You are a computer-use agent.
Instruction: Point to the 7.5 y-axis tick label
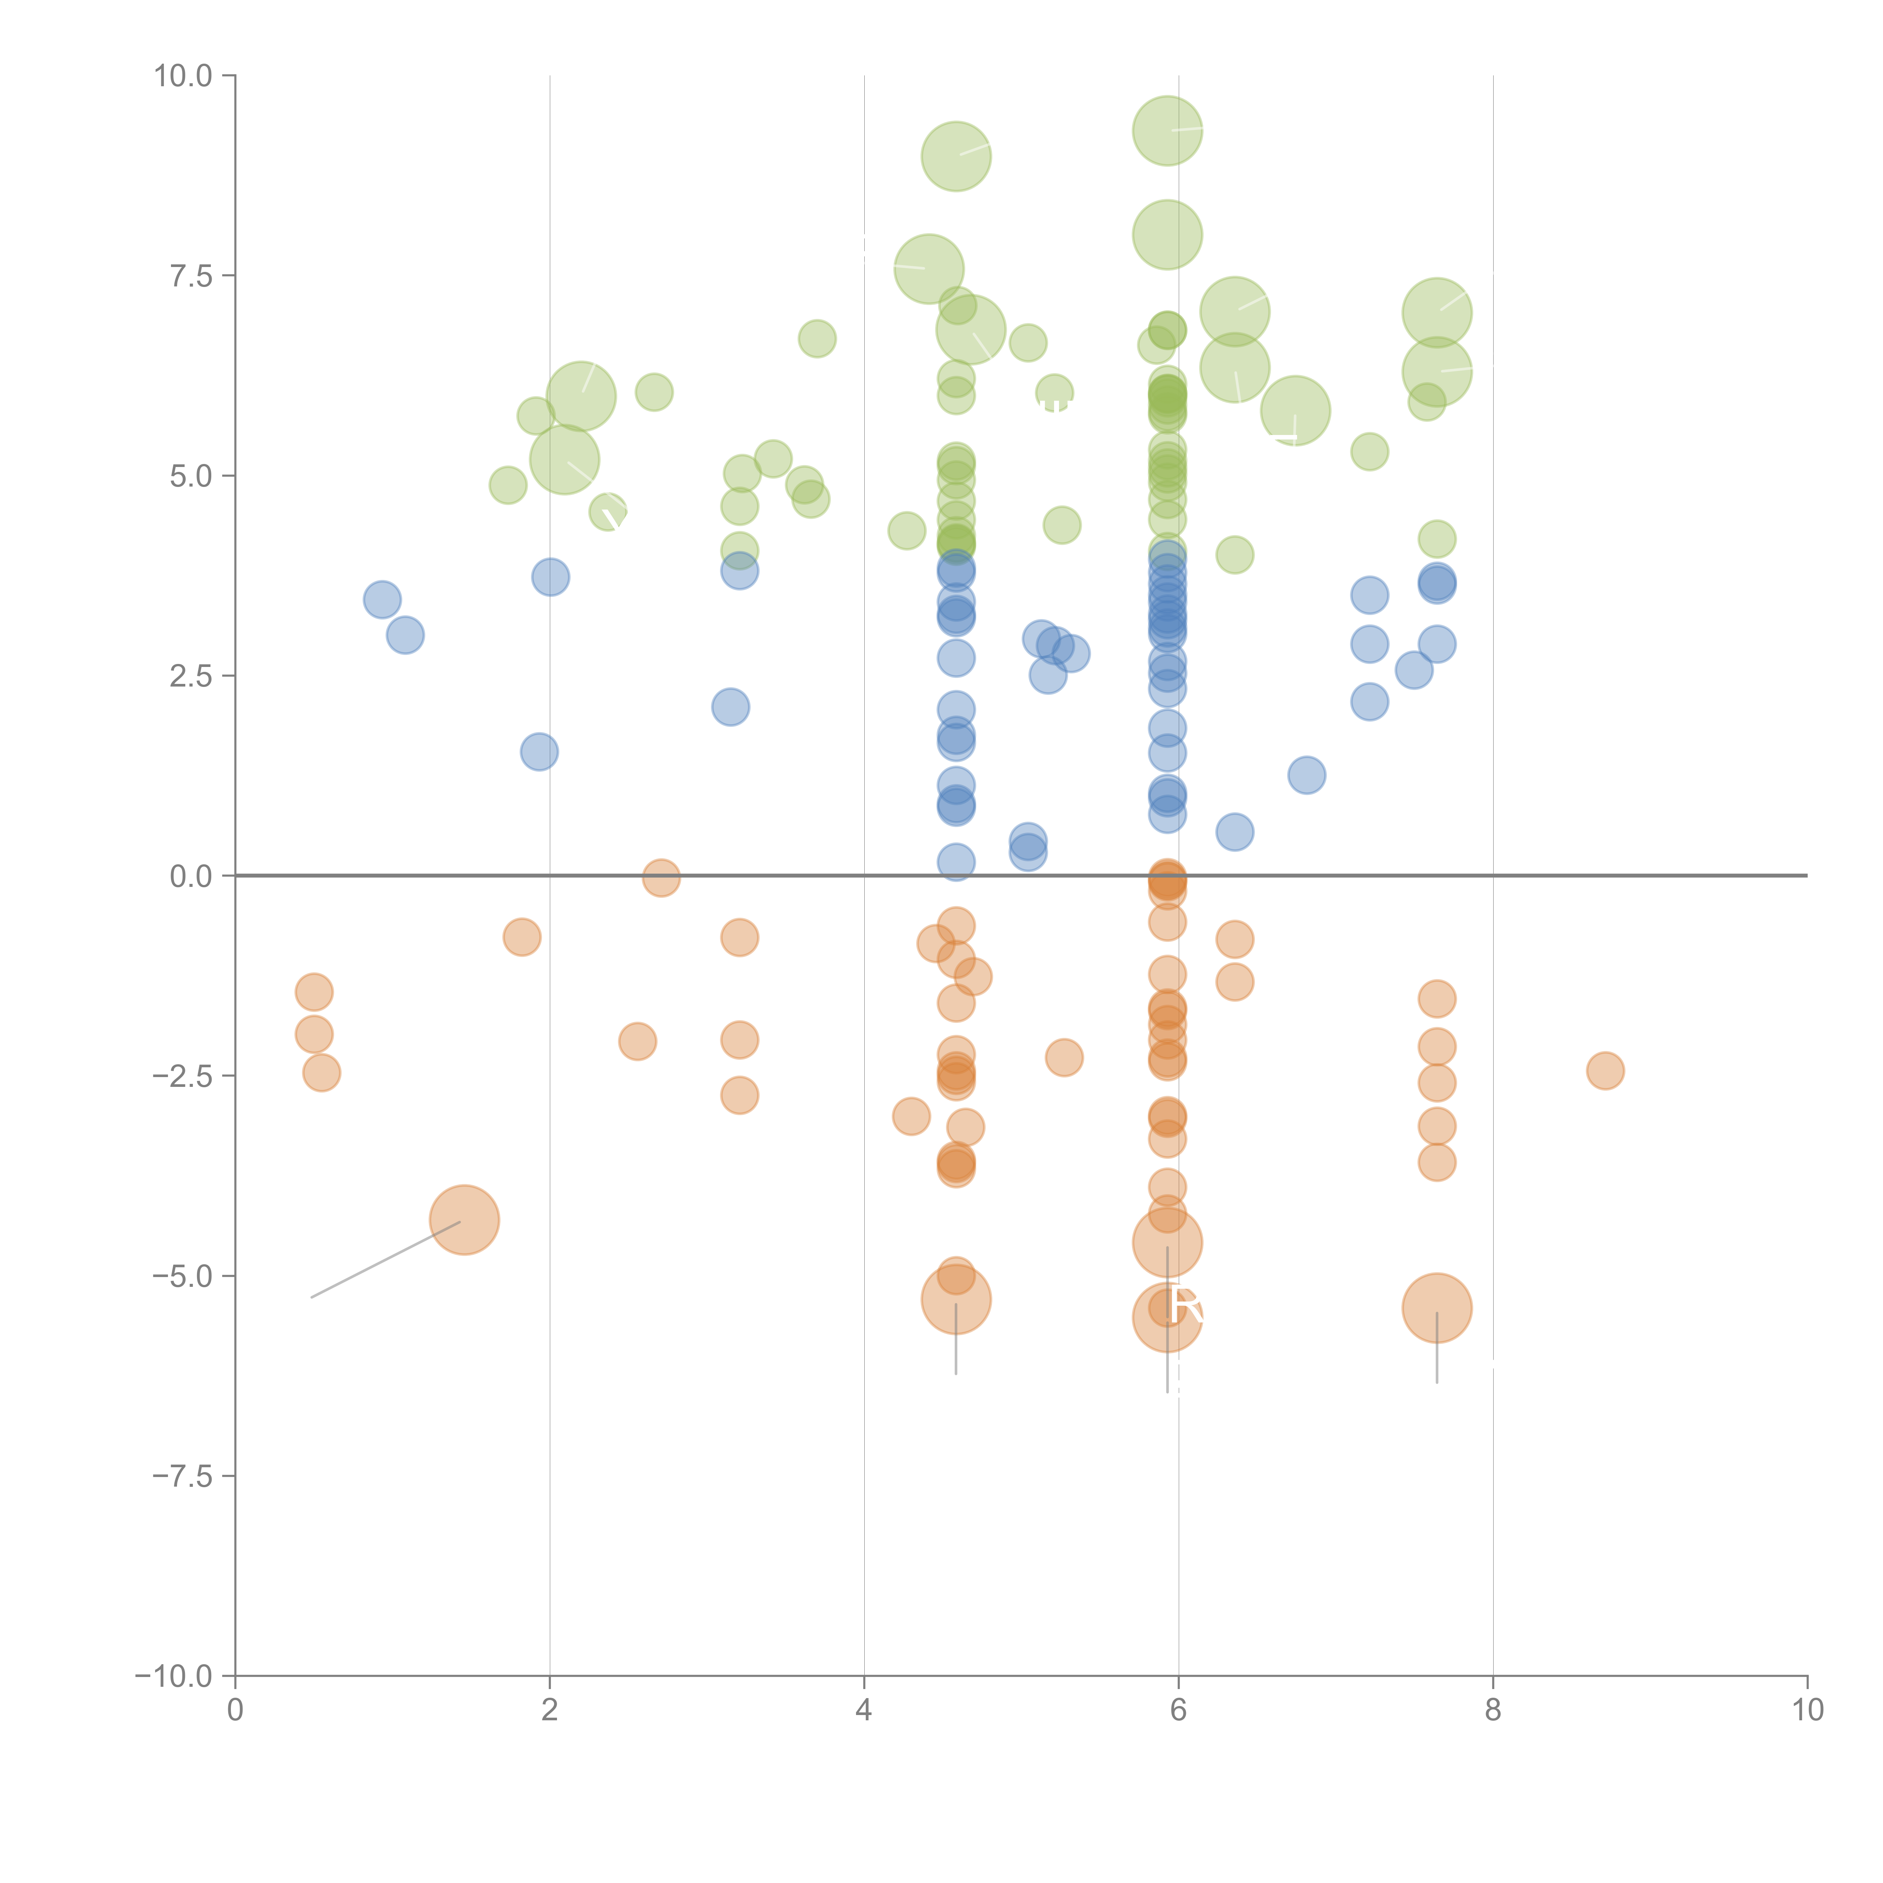[x=191, y=276]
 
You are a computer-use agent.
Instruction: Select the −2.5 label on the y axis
[x=182, y=1076]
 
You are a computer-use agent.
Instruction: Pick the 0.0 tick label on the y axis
[x=191, y=876]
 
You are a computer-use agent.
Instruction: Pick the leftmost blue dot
[x=382, y=600]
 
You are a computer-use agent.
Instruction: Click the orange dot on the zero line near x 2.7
[x=661, y=877]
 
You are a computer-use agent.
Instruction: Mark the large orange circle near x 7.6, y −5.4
[x=1437, y=1308]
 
